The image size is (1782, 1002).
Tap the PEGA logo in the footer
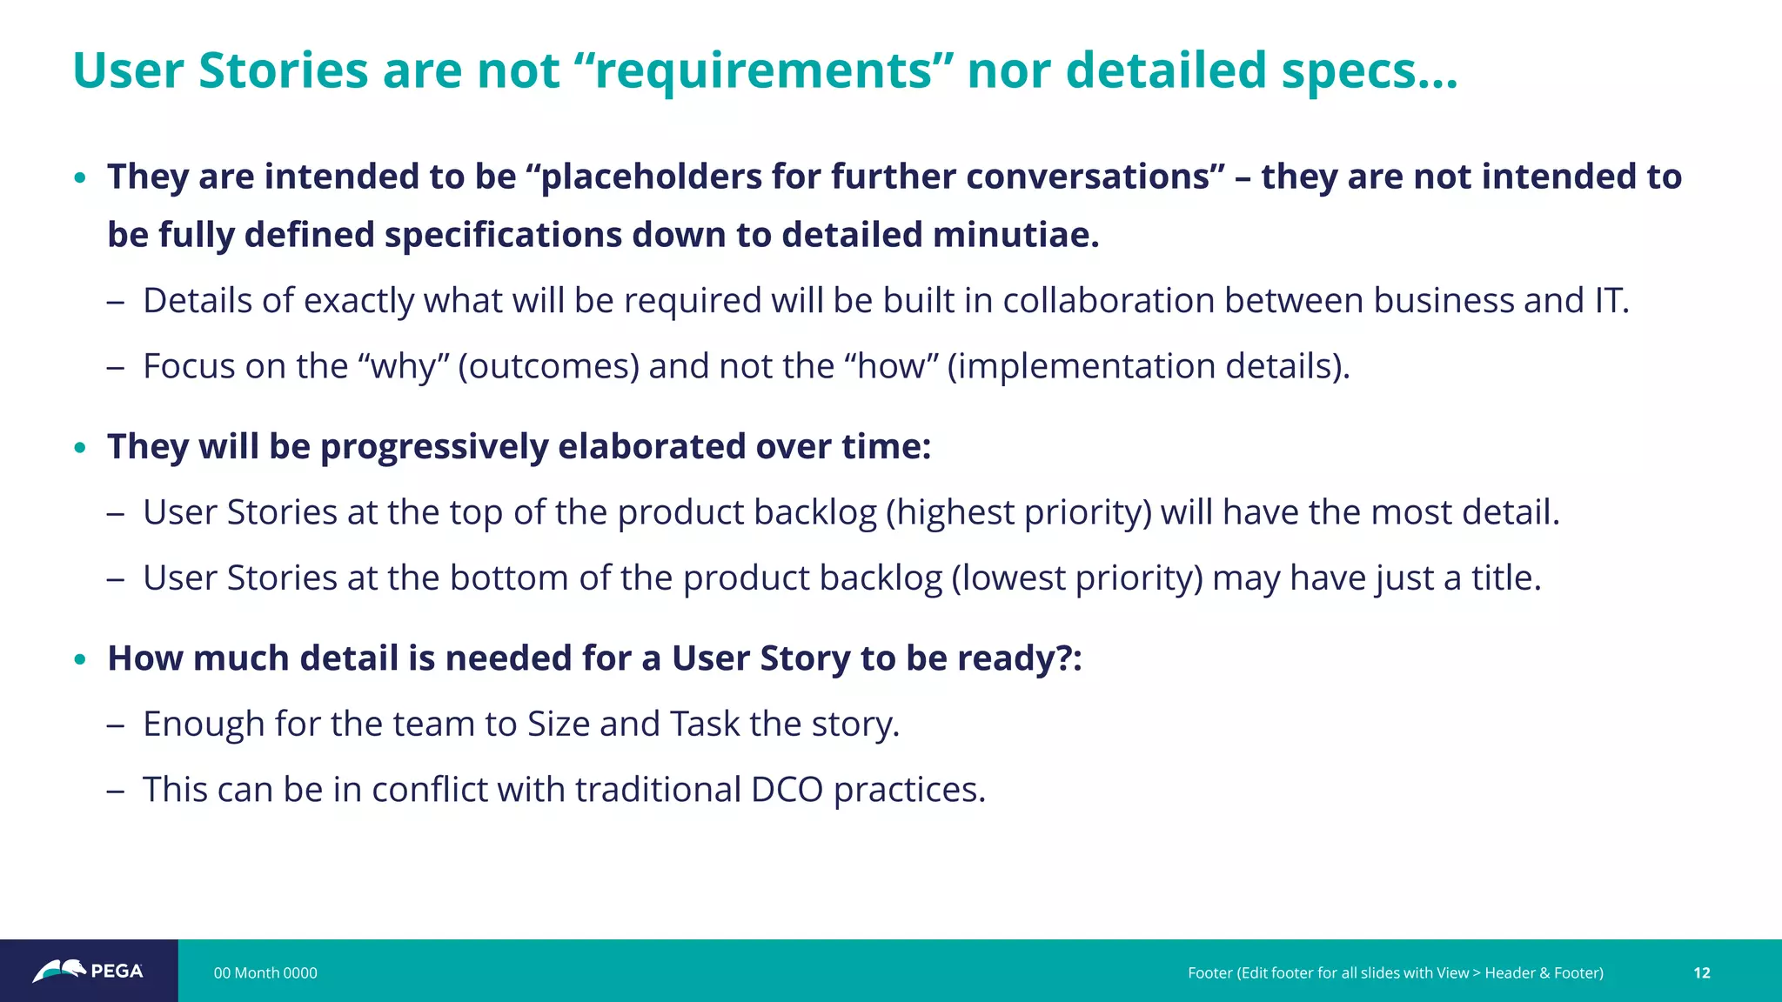(x=88, y=971)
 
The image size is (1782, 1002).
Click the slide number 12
(x=1702, y=972)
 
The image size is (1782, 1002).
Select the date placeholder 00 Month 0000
(x=265, y=972)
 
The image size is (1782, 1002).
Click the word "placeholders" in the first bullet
(x=651, y=177)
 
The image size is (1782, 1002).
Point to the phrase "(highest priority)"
(x=1018, y=512)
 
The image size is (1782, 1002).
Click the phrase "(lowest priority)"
(x=1076, y=578)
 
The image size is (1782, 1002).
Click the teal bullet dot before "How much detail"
(x=80, y=659)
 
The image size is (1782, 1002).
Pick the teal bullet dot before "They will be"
(x=80, y=448)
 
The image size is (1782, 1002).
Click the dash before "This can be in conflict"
(x=115, y=791)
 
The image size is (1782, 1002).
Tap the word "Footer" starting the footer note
(x=1209, y=972)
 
